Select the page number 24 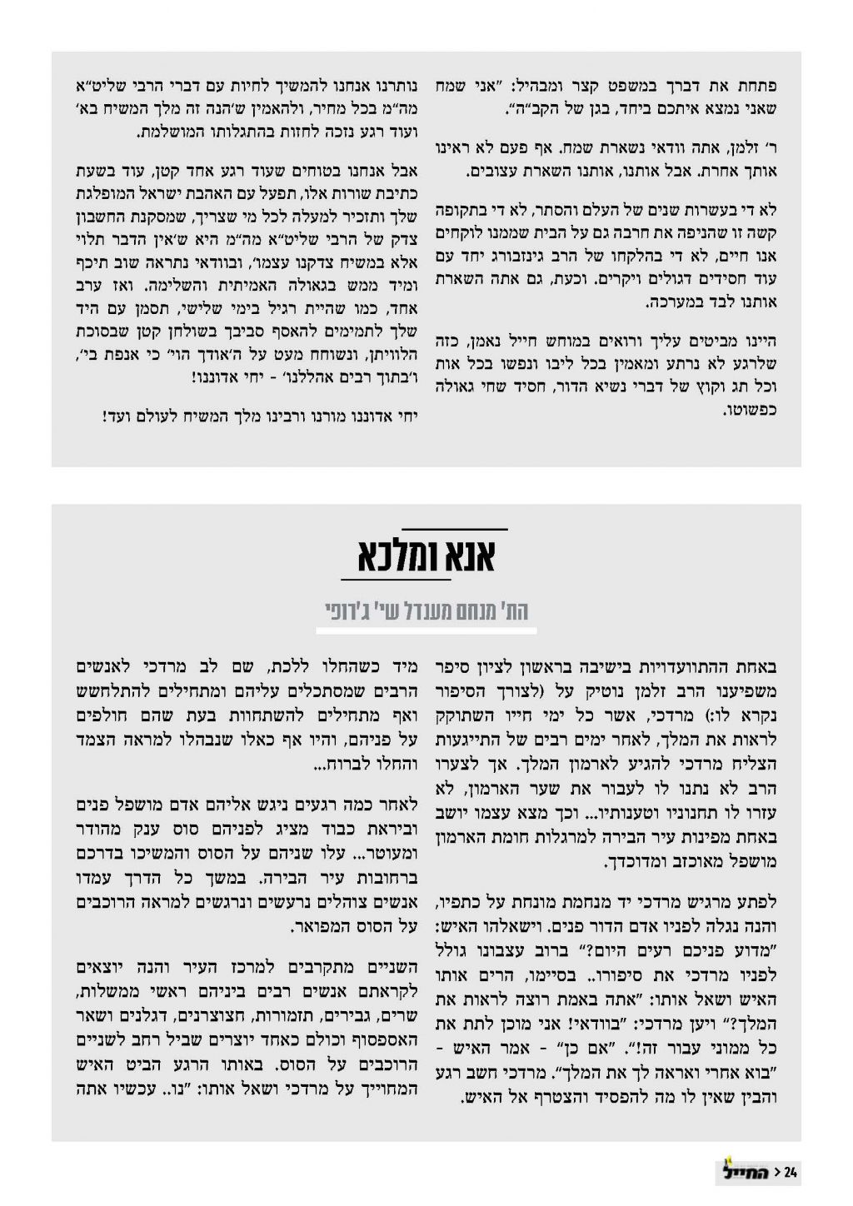[x=791, y=1173]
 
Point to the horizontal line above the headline [x=455, y=528]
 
